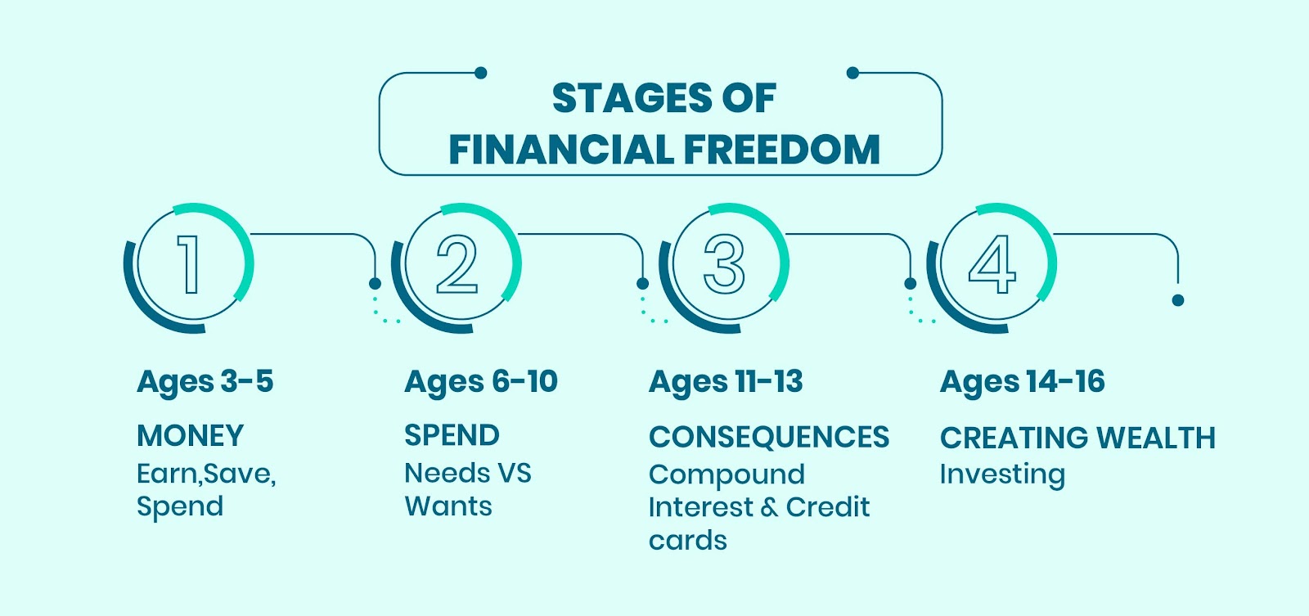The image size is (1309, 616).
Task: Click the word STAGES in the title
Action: pyautogui.click(x=631, y=97)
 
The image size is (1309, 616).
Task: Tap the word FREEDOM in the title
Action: pyautogui.click(x=781, y=150)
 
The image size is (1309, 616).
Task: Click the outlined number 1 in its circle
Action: pyautogui.click(x=189, y=264)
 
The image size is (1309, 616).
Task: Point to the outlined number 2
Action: pyautogui.click(x=457, y=264)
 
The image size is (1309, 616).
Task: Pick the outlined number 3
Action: pyautogui.click(x=725, y=264)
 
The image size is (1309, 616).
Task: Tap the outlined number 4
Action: pyautogui.click(x=992, y=264)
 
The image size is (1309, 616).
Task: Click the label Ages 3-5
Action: pyautogui.click(x=205, y=383)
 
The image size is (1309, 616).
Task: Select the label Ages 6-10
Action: pyautogui.click(x=481, y=383)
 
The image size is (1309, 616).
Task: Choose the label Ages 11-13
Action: pyautogui.click(x=726, y=383)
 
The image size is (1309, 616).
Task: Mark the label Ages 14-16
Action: pyautogui.click(x=1022, y=383)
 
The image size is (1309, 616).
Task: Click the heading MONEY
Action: pyautogui.click(x=190, y=436)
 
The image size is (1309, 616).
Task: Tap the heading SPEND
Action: pyautogui.click(x=452, y=435)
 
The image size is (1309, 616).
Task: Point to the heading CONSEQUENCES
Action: pyautogui.click(x=769, y=437)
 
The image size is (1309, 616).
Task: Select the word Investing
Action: pyautogui.click(x=1002, y=474)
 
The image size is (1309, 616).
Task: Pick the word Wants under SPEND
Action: pyautogui.click(x=448, y=506)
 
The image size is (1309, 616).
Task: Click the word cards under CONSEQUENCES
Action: pyautogui.click(x=688, y=541)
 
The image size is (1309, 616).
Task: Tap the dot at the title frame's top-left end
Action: pyautogui.click(x=481, y=73)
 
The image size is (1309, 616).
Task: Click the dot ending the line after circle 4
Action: pyautogui.click(x=1178, y=300)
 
